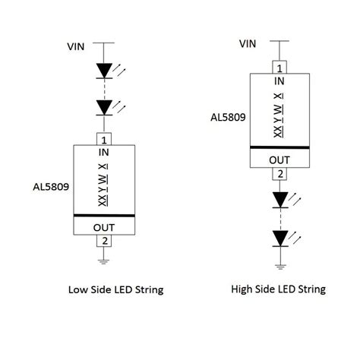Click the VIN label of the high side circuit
248,43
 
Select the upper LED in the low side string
105,71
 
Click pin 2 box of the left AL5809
104,241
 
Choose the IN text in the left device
104,153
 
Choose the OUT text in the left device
104,226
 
